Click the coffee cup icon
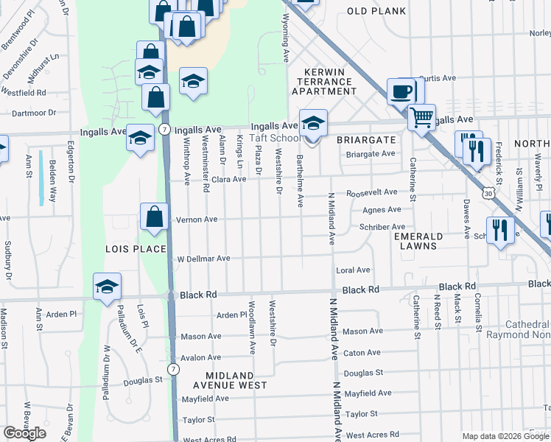(401, 92)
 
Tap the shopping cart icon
(421, 117)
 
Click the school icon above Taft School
(313, 122)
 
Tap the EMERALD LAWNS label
(418, 242)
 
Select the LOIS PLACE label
(136, 249)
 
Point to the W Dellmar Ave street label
(204, 259)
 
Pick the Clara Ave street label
(228, 179)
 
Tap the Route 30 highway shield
(489, 192)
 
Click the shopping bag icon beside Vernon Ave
(155, 217)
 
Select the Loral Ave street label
(353, 270)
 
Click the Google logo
(24, 433)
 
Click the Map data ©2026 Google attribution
(505, 436)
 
